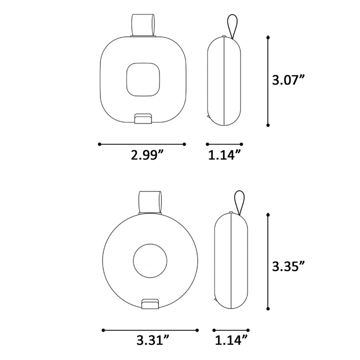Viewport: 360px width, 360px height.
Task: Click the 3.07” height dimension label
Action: click(x=288, y=80)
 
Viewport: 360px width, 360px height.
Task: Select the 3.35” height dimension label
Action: click(x=288, y=266)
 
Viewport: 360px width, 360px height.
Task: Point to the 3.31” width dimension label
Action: click(x=153, y=340)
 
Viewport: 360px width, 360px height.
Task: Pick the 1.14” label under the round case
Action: click(x=231, y=340)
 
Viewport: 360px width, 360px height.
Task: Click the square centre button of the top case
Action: click(x=143, y=79)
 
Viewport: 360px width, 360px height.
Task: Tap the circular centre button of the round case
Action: click(x=150, y=261)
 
